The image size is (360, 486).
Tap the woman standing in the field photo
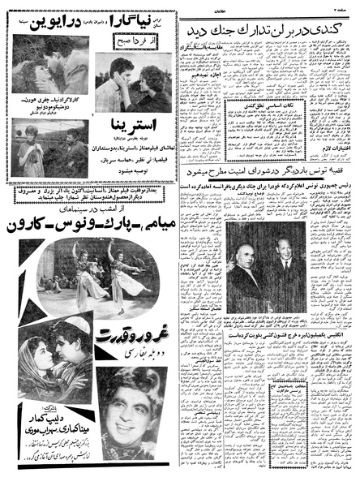(x=31, y=146)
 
